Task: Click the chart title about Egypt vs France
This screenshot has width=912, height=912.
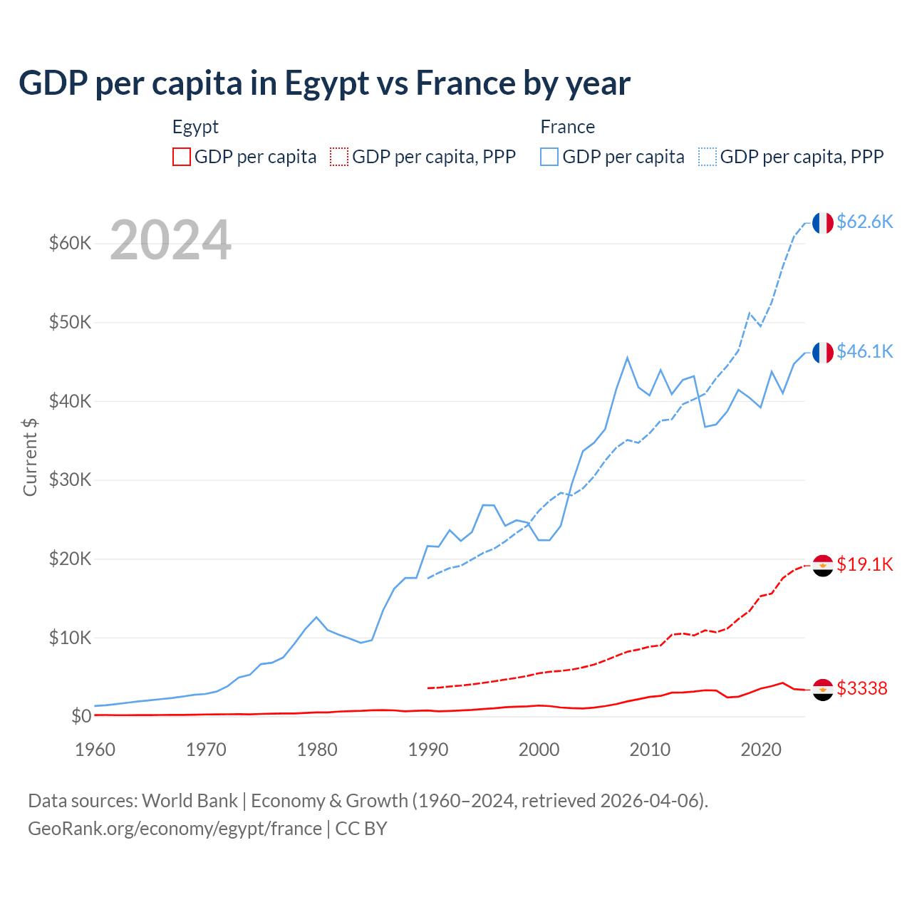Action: click(324, 83)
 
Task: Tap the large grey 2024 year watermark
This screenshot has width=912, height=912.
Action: click(170, 241)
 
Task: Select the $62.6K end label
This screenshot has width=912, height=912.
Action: click(864, 222)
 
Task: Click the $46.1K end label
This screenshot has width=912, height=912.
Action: click(864, 351)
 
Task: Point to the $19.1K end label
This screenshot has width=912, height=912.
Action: click(864, 564)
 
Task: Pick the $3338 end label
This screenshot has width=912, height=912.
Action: click(861, 688)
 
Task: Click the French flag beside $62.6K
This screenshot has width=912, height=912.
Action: click(823, 223)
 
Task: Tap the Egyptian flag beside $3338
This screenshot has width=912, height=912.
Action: click(823, 690)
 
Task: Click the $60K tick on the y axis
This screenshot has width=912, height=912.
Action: click(71, 244)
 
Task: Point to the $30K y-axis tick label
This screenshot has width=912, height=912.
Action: click(71, 480)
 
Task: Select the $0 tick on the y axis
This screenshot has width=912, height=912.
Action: click(81, 716)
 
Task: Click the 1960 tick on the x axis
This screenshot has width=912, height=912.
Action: click(95, 750)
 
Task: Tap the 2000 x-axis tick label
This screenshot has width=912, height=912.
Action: click(539, 750)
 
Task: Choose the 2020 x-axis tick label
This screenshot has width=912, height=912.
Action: click(761, 750)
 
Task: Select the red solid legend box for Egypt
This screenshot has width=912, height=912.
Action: click(182, 157)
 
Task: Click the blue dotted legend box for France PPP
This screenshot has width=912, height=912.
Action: click(708, 157)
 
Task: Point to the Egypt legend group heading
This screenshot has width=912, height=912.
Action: click(195, 127)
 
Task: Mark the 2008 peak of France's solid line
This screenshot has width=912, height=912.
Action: click(627, 358)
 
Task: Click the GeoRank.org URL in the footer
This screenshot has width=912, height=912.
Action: click(175, 829)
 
